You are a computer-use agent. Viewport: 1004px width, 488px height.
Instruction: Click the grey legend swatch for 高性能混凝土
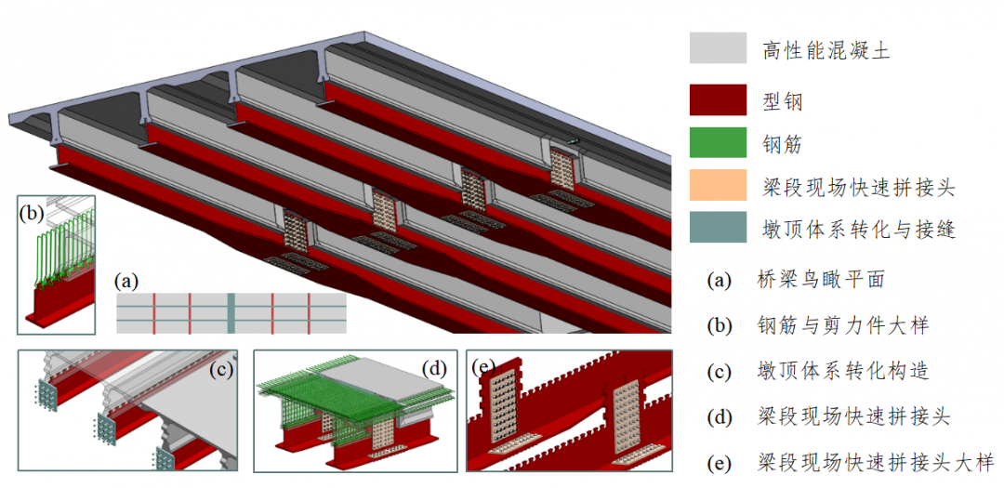(718, 48)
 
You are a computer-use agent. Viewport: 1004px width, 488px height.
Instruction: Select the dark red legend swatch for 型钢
(718, 99)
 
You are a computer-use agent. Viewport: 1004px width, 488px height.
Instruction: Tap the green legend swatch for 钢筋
(718, 142)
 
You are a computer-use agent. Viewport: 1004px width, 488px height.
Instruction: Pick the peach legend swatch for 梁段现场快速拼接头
(718, 185)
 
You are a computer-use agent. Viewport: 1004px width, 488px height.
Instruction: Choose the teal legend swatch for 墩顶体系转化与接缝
(718, 228)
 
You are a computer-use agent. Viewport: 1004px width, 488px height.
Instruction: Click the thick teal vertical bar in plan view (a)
(230, 312)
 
